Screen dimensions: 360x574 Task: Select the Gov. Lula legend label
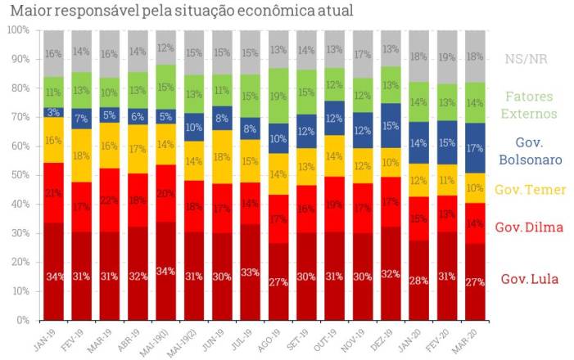pyautogui.click(x=530, y=279)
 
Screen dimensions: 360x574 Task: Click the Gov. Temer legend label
pyautogui.click(x=531, y=190)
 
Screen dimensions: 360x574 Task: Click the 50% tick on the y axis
pyautogui.click(x=19, y=175)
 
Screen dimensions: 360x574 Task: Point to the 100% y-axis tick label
pyautogui.click(x=17, y=30)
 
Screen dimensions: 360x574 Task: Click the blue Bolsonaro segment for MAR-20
pyautogui.click(x=475, y=148)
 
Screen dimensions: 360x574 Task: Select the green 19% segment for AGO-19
pyautogui.click(x=278, y=96)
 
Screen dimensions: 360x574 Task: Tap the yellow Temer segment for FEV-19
pyautogui.click(x=82, y=155)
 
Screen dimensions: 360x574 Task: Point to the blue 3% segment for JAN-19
pyautogui.click(x=54, y=112)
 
